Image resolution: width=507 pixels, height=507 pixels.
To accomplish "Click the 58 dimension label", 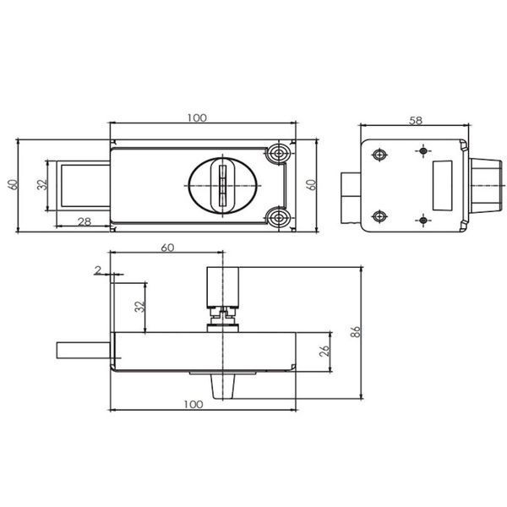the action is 416,121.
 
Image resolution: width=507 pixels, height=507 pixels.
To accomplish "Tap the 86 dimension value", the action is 356,332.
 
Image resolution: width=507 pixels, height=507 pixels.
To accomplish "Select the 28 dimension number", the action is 84,221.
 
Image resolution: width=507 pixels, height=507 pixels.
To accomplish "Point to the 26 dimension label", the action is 324,352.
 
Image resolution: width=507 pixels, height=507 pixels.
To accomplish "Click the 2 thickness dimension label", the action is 98,270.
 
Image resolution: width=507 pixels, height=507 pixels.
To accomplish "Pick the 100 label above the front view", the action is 197,118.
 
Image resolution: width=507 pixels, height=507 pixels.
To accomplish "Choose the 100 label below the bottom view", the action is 194,405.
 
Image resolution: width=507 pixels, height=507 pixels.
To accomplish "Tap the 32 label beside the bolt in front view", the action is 42,184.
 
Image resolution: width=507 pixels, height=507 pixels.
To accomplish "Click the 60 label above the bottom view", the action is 167,248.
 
